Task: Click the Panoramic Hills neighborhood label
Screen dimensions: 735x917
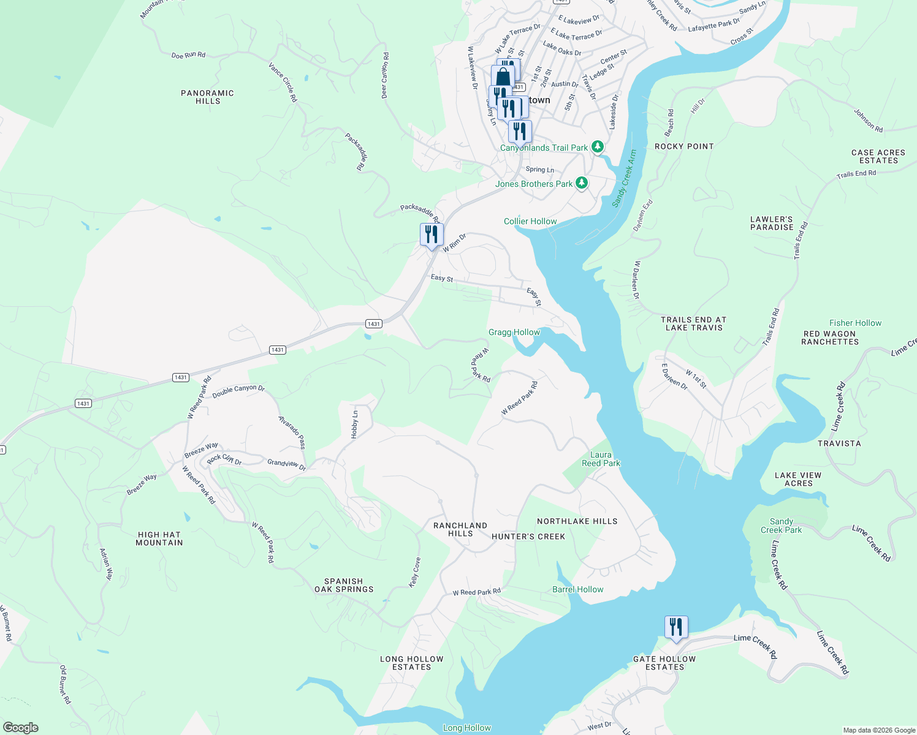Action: (x=207, y=97)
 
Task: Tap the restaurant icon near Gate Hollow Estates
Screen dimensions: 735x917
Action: (x=676, y=628)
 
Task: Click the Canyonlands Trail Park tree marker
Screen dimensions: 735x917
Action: (x=598, y=147)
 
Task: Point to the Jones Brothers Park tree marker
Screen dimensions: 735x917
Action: (x=582, y=183)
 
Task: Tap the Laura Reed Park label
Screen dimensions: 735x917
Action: (x=601, y=459)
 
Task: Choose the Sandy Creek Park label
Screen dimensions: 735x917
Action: (x=781, y=526)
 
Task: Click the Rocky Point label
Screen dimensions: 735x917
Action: (x=684, y=146)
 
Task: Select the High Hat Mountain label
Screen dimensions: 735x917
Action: (x=159, y=538)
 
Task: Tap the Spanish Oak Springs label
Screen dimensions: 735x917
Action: (x=344, y=585)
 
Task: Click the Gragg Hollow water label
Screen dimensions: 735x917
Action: (x=514, y=332)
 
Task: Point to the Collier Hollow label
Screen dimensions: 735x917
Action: (x=530, y=221)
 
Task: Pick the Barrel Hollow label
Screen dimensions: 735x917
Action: (x=577, y=589)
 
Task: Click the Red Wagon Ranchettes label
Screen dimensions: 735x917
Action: (x=830, y=338)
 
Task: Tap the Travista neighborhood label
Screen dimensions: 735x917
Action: (x=839, y=443)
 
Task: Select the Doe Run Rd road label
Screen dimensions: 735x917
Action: (x=188, y=55)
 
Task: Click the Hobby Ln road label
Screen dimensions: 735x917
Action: (x=354, y=424)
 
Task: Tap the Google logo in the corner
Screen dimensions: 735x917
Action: (x=21, y=727)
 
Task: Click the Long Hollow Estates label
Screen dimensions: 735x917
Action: (x=411, y=663)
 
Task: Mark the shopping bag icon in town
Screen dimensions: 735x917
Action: (x=503, y=77)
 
